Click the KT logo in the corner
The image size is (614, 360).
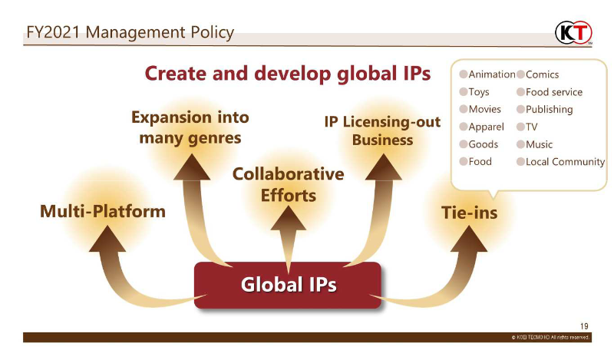[x=573, y=32]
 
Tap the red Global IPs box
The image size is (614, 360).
[x=287, y=285]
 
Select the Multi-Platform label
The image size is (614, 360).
[x=103, y=212]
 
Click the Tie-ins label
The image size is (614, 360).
[x=470, y=213]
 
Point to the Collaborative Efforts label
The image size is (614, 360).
[x=289, y=184]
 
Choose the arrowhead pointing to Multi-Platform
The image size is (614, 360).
[x=107, y=239]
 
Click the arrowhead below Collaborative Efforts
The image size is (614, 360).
[x=289, y=219]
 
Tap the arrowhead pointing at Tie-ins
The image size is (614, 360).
[x=469, y=239]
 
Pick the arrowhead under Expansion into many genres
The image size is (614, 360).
[x=192, y=167]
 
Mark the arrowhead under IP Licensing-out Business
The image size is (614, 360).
[x=383, y=167]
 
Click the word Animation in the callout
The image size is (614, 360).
[x=492, y=74]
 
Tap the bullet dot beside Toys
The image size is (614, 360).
[x=464, y=91]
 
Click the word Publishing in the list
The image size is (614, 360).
[x=549, y=110]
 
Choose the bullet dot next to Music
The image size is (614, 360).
[x=520, y=144]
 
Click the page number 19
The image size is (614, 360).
[x=584, y=326]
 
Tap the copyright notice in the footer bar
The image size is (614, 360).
[x=550, y=337]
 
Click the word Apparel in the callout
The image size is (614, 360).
[x=486, y=127]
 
